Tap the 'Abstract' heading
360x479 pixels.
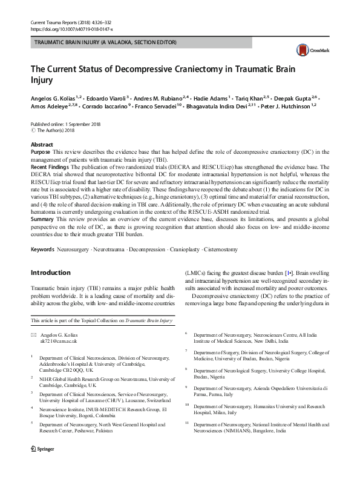[42, 145]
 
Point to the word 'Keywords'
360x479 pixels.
[44, 249]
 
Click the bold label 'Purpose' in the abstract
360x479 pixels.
[41, 151]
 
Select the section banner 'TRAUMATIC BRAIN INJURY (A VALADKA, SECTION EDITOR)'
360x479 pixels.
[106, 43]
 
